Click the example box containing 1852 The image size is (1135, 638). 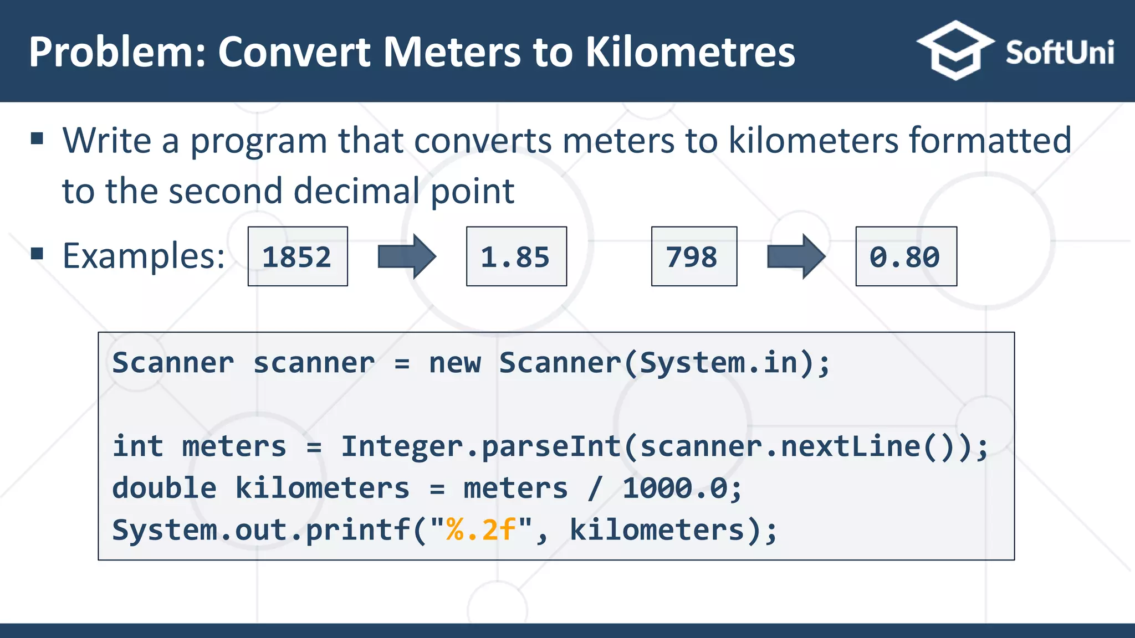tap(298, 256)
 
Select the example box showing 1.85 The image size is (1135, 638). tap(516, 256)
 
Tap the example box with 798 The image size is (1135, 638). tap(694, 256)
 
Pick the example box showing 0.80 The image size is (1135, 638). tap(906, 256)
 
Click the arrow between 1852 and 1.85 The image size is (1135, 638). tap(407, 256)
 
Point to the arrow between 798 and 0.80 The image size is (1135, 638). tap(796, 256)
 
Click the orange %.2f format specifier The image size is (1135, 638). tap(481, 530)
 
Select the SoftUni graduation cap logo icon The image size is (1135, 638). tap(954, 50)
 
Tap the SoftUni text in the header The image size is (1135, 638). tap(1060, 53)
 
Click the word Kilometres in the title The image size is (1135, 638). tap(690, 52)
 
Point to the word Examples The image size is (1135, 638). tap(144, 256)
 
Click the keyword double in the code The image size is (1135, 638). tap(164, 488)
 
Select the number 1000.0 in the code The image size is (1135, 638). tap(675, 488)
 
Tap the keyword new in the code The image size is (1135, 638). tap(455, 363)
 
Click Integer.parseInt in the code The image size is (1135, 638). tap(480, 447)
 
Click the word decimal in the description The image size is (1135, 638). tap(356, 191)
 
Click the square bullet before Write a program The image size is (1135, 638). tap(37, 138)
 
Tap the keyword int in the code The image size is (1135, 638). tap(138, 446)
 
